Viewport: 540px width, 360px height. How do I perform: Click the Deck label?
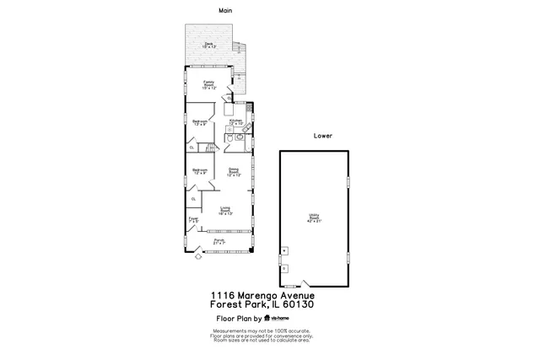(210, 46)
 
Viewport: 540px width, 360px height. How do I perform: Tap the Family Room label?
(208, 84)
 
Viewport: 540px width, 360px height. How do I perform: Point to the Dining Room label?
(234, 173)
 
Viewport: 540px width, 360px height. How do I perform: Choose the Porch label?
(219, 242)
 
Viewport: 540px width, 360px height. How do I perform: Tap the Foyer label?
(194, 218)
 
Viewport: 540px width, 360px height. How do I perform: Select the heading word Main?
(225, 11)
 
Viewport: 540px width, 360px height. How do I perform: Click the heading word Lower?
(322, 135)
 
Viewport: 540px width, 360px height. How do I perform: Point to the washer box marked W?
(285, 250)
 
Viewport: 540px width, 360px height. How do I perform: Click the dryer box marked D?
(285, 268)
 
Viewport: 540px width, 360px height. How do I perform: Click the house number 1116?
(222, 295)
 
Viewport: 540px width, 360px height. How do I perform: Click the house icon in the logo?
(268, 319)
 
